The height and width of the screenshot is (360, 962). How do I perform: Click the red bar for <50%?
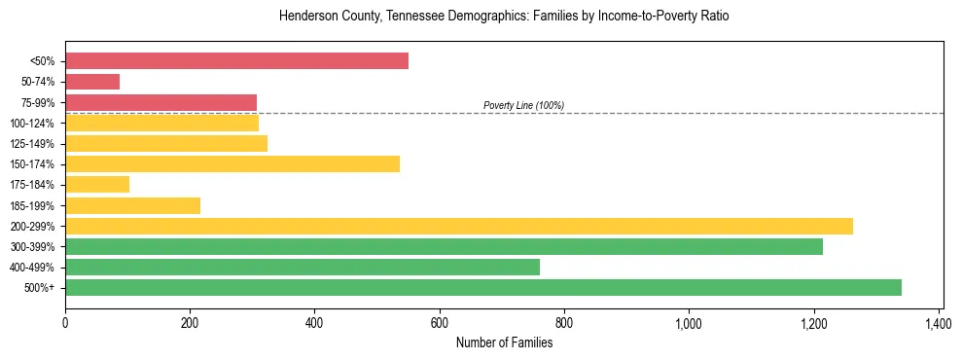click(x=236, y=61)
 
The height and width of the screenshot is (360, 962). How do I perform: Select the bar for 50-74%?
click(x=92, y=82)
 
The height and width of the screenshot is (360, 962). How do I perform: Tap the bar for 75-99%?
click(x=160, y=102)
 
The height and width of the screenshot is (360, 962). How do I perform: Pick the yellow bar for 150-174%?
click(x=232, y=163)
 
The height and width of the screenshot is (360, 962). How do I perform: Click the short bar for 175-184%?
click(x=97, y=184)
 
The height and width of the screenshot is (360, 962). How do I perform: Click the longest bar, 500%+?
click(x=483, y=287)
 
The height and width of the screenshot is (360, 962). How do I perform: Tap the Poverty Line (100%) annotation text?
click(x=523, y=105)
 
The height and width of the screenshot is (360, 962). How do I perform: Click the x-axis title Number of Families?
click(x=504, y=342)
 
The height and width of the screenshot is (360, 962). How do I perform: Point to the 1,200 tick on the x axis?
click(x=813, y=321)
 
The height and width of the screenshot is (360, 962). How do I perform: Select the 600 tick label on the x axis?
click(x=440, y=321)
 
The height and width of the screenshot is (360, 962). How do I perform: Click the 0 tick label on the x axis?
click(x=65, y=321)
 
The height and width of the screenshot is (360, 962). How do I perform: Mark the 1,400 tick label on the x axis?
click(x=939, y=321)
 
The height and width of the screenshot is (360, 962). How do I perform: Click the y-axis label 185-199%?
click(x=32, y=205)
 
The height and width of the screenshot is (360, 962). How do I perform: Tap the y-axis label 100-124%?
click(x=32, y=123)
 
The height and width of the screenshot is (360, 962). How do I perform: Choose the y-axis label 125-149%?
click(x=32, y=143)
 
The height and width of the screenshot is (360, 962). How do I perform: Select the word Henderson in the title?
click(x=305, y=17)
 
